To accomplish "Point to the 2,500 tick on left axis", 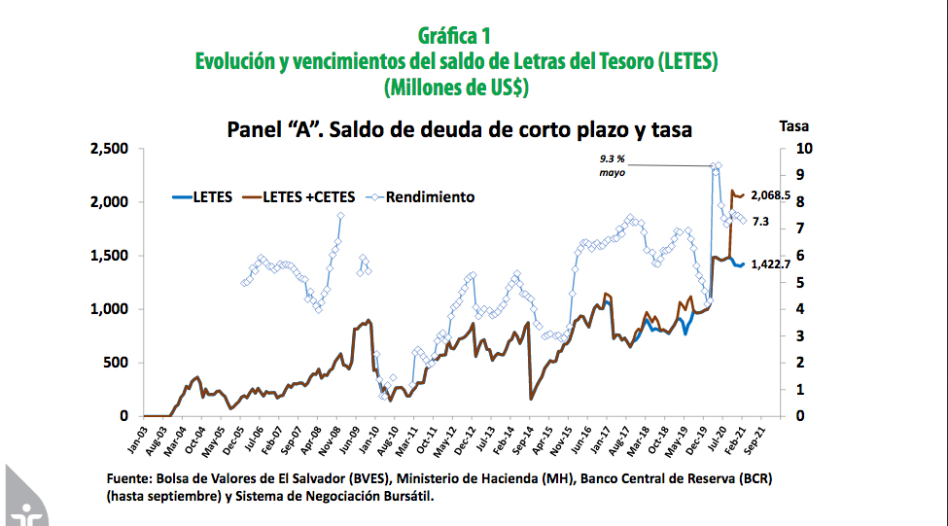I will coord(109,149).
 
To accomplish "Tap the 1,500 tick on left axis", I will coord(109,256).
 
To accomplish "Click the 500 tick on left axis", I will coord(116,363).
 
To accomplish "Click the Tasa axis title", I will coord(793,125).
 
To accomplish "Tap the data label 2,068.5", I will coord(770,195).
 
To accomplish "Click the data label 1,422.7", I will coord(770,263).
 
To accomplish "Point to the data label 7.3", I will coord(760,222).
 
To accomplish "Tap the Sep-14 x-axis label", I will coord(525,438).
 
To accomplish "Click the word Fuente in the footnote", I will coord(130,479).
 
